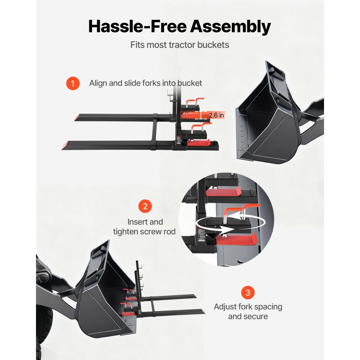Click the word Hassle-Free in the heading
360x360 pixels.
(137, 26)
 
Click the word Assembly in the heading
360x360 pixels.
(230, 27)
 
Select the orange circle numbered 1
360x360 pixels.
(73, 84)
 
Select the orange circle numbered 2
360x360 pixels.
(145, 206)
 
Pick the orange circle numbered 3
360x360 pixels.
(248, 292)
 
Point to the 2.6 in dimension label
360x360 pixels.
(216, 115)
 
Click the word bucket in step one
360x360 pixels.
(190, 83)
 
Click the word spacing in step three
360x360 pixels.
(269, 307)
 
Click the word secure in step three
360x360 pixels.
(256, 316)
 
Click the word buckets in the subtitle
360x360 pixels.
(213, 45)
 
